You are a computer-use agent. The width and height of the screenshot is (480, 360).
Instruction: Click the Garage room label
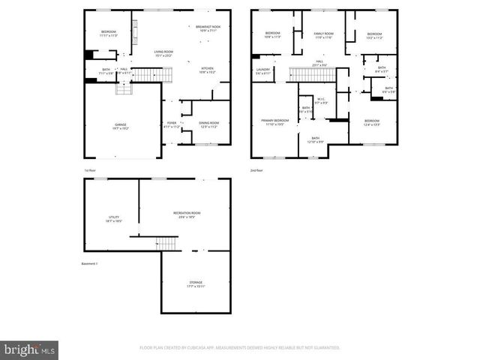tap(121, 126)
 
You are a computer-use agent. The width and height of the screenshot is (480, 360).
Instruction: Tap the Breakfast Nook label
tap(208, 28)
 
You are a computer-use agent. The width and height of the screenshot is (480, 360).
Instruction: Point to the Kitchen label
tap(207, 70)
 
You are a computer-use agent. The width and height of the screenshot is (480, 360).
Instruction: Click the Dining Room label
tap(208, 124)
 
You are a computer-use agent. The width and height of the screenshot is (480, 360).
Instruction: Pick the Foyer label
tap(172, 124)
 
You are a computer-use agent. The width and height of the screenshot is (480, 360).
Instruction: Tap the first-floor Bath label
tap(106, 70)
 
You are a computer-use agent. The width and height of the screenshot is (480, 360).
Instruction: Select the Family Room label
tap(323, 35)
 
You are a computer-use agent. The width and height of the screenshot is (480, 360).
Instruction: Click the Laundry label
tap(262, 70)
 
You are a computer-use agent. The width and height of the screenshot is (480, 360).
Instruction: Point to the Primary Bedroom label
tap(274, 121)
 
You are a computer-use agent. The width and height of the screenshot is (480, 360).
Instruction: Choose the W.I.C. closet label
tap(320, 100)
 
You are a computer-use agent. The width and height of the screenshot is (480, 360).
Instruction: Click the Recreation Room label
tap(187, 214)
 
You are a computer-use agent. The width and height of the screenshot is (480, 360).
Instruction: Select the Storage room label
tap(195, 284)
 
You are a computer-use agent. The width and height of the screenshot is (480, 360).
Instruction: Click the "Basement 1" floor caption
tap(91, 264)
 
